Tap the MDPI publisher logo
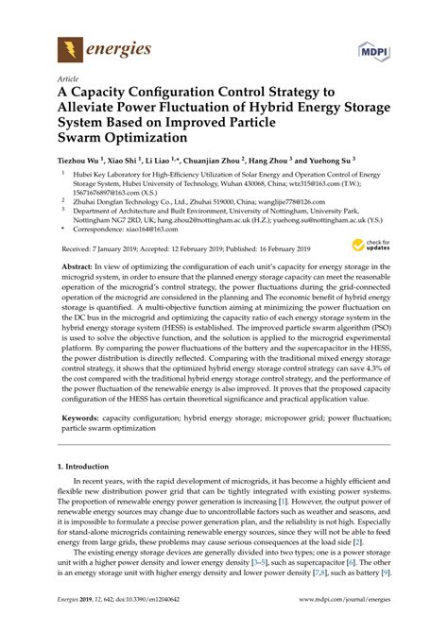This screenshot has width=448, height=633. pos(373,46)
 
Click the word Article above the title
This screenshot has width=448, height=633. pos(69,80)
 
